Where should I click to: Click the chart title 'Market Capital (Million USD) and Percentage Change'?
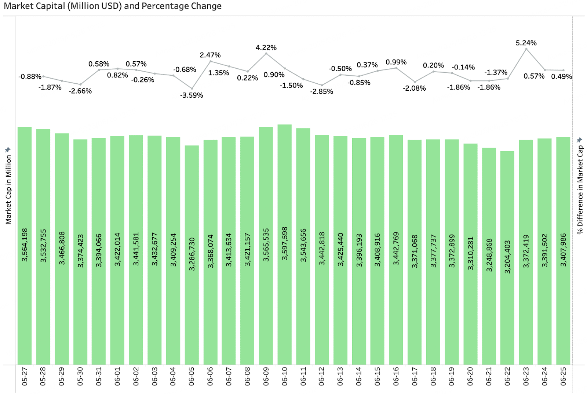click(x=113, y=6)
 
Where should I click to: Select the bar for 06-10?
click(x=285, y=245)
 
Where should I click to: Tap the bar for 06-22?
click(x=507, y=258)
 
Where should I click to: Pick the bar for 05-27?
click(x=25, y=246)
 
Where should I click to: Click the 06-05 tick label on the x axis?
click(x=192, y=376)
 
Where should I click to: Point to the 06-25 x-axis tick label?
click(x=564, y=376)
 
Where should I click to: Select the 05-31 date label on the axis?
click(x=99, y=376)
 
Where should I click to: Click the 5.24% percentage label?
click(x=526, y=43)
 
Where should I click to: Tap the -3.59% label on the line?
click(x=192, y=95)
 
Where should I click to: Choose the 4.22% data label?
click(x=266, y=48)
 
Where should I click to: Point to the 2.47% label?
click(x=210, y=55)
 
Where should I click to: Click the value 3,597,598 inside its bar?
click(x=285, y=243)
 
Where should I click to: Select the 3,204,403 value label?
click(x=507, y=257)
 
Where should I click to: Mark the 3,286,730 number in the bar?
click(x=192, y=254)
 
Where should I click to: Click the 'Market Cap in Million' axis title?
click(x=8, y=189)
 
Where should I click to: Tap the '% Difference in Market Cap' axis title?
click(x=580, y=190)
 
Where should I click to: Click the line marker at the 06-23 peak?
click(x=526, y=49)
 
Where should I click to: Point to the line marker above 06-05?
click(x=192, y=88)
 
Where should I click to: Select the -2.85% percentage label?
click(x=321, y=91)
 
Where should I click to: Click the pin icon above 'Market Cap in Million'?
click(x=8, y=150)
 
